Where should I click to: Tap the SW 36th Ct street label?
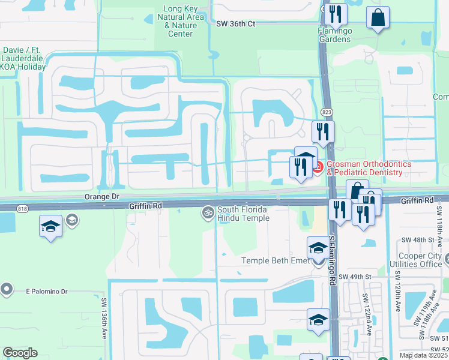point(236,23)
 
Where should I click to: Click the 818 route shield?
point(23,208)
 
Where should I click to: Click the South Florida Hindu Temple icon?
point(208,212)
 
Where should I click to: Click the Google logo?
point(20,352)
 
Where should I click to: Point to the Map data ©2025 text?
point(423,355)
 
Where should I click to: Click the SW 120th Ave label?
point(397,290)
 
